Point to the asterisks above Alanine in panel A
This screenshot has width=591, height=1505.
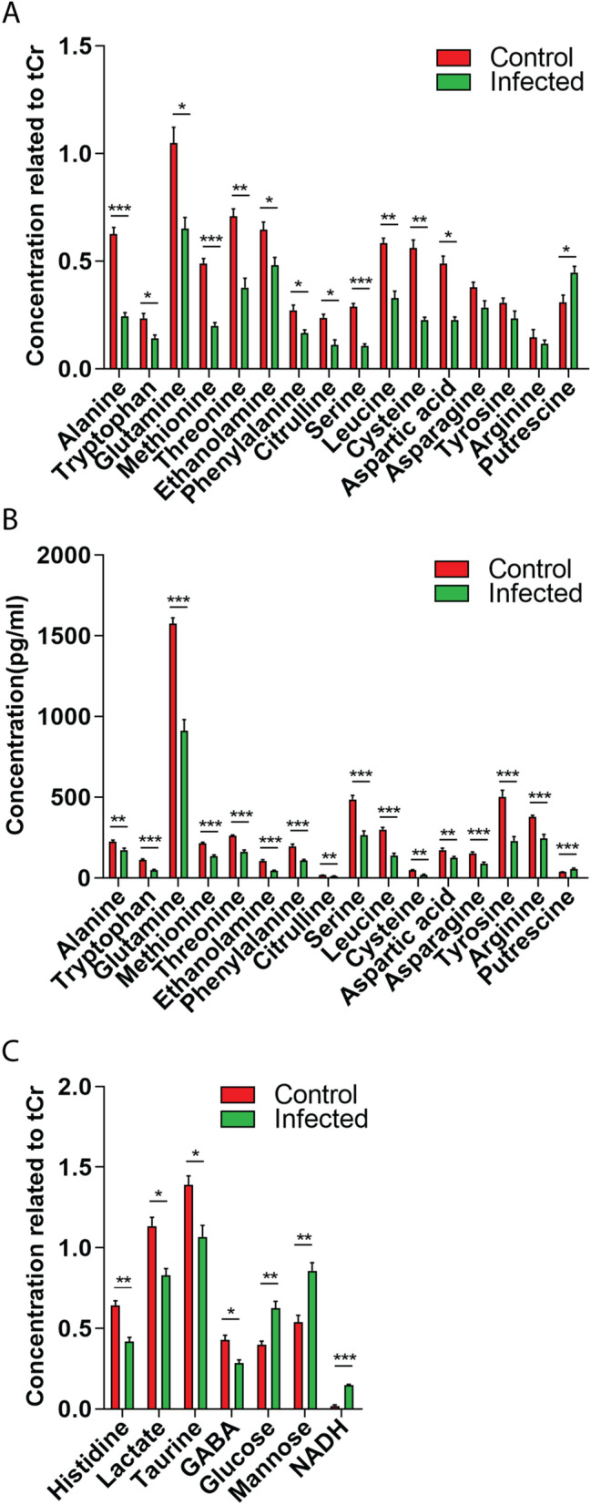pyautogui.click(x=119, y=209)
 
